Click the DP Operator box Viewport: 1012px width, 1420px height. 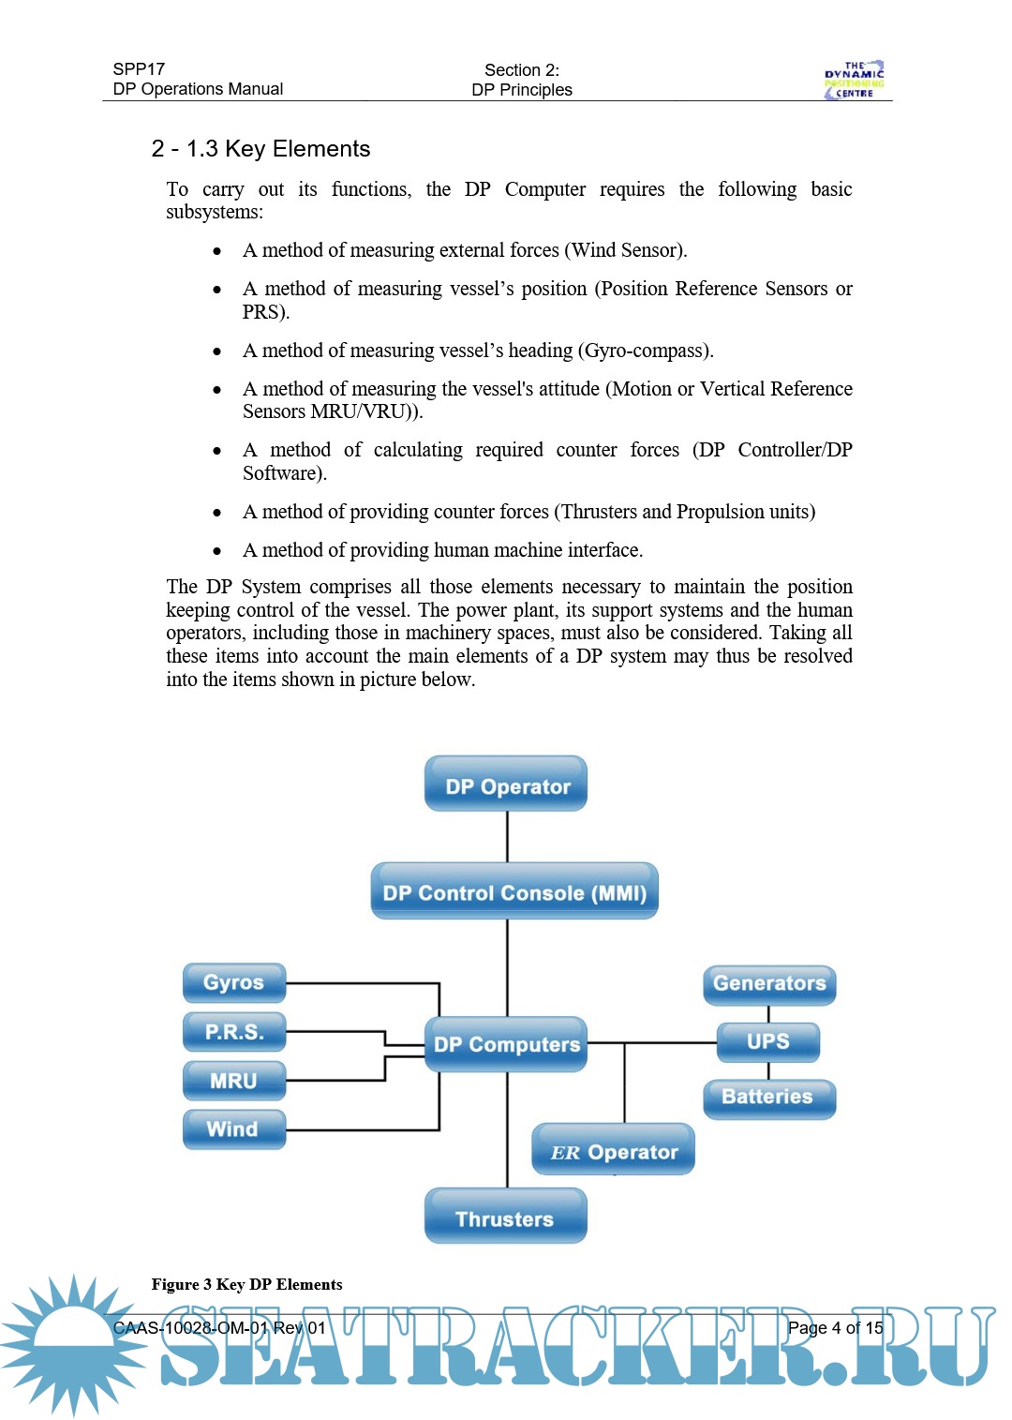506,785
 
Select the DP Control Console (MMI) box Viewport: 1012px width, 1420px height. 514,891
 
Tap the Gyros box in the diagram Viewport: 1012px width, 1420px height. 234,982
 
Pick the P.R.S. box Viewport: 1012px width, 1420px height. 234,1032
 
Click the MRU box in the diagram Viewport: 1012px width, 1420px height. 234,1081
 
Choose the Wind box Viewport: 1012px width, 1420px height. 233,1129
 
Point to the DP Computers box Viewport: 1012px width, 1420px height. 506,1044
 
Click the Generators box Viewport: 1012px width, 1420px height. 769,984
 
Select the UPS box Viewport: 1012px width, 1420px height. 768,1041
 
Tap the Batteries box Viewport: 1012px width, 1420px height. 768,1098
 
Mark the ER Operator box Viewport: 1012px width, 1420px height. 614,1151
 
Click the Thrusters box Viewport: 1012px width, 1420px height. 506,1218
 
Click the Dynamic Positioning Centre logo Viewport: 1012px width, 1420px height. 854,80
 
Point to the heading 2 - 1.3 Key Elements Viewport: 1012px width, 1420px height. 261,149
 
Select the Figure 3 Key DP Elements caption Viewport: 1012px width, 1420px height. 246,1284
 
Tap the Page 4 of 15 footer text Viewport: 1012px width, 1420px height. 835,1327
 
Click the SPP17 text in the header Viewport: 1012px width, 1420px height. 139,69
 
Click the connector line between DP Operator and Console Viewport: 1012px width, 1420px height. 507,836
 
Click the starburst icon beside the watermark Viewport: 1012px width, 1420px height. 73,1343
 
